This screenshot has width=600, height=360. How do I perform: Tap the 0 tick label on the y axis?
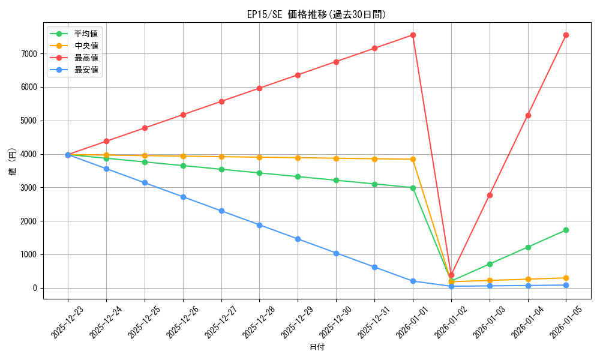35,289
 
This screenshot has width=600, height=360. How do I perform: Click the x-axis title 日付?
317,347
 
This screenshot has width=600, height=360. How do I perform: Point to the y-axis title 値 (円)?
13,161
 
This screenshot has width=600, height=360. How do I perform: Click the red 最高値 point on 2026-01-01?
413,35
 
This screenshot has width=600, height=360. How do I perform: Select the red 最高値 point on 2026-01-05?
566,35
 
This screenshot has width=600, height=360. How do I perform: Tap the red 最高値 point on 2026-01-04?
528,115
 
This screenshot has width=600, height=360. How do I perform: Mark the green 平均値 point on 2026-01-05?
566,230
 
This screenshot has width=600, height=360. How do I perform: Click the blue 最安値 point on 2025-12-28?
259,225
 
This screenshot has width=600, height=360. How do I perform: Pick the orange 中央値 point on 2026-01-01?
413,159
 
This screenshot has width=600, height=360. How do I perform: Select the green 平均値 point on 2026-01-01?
413,188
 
